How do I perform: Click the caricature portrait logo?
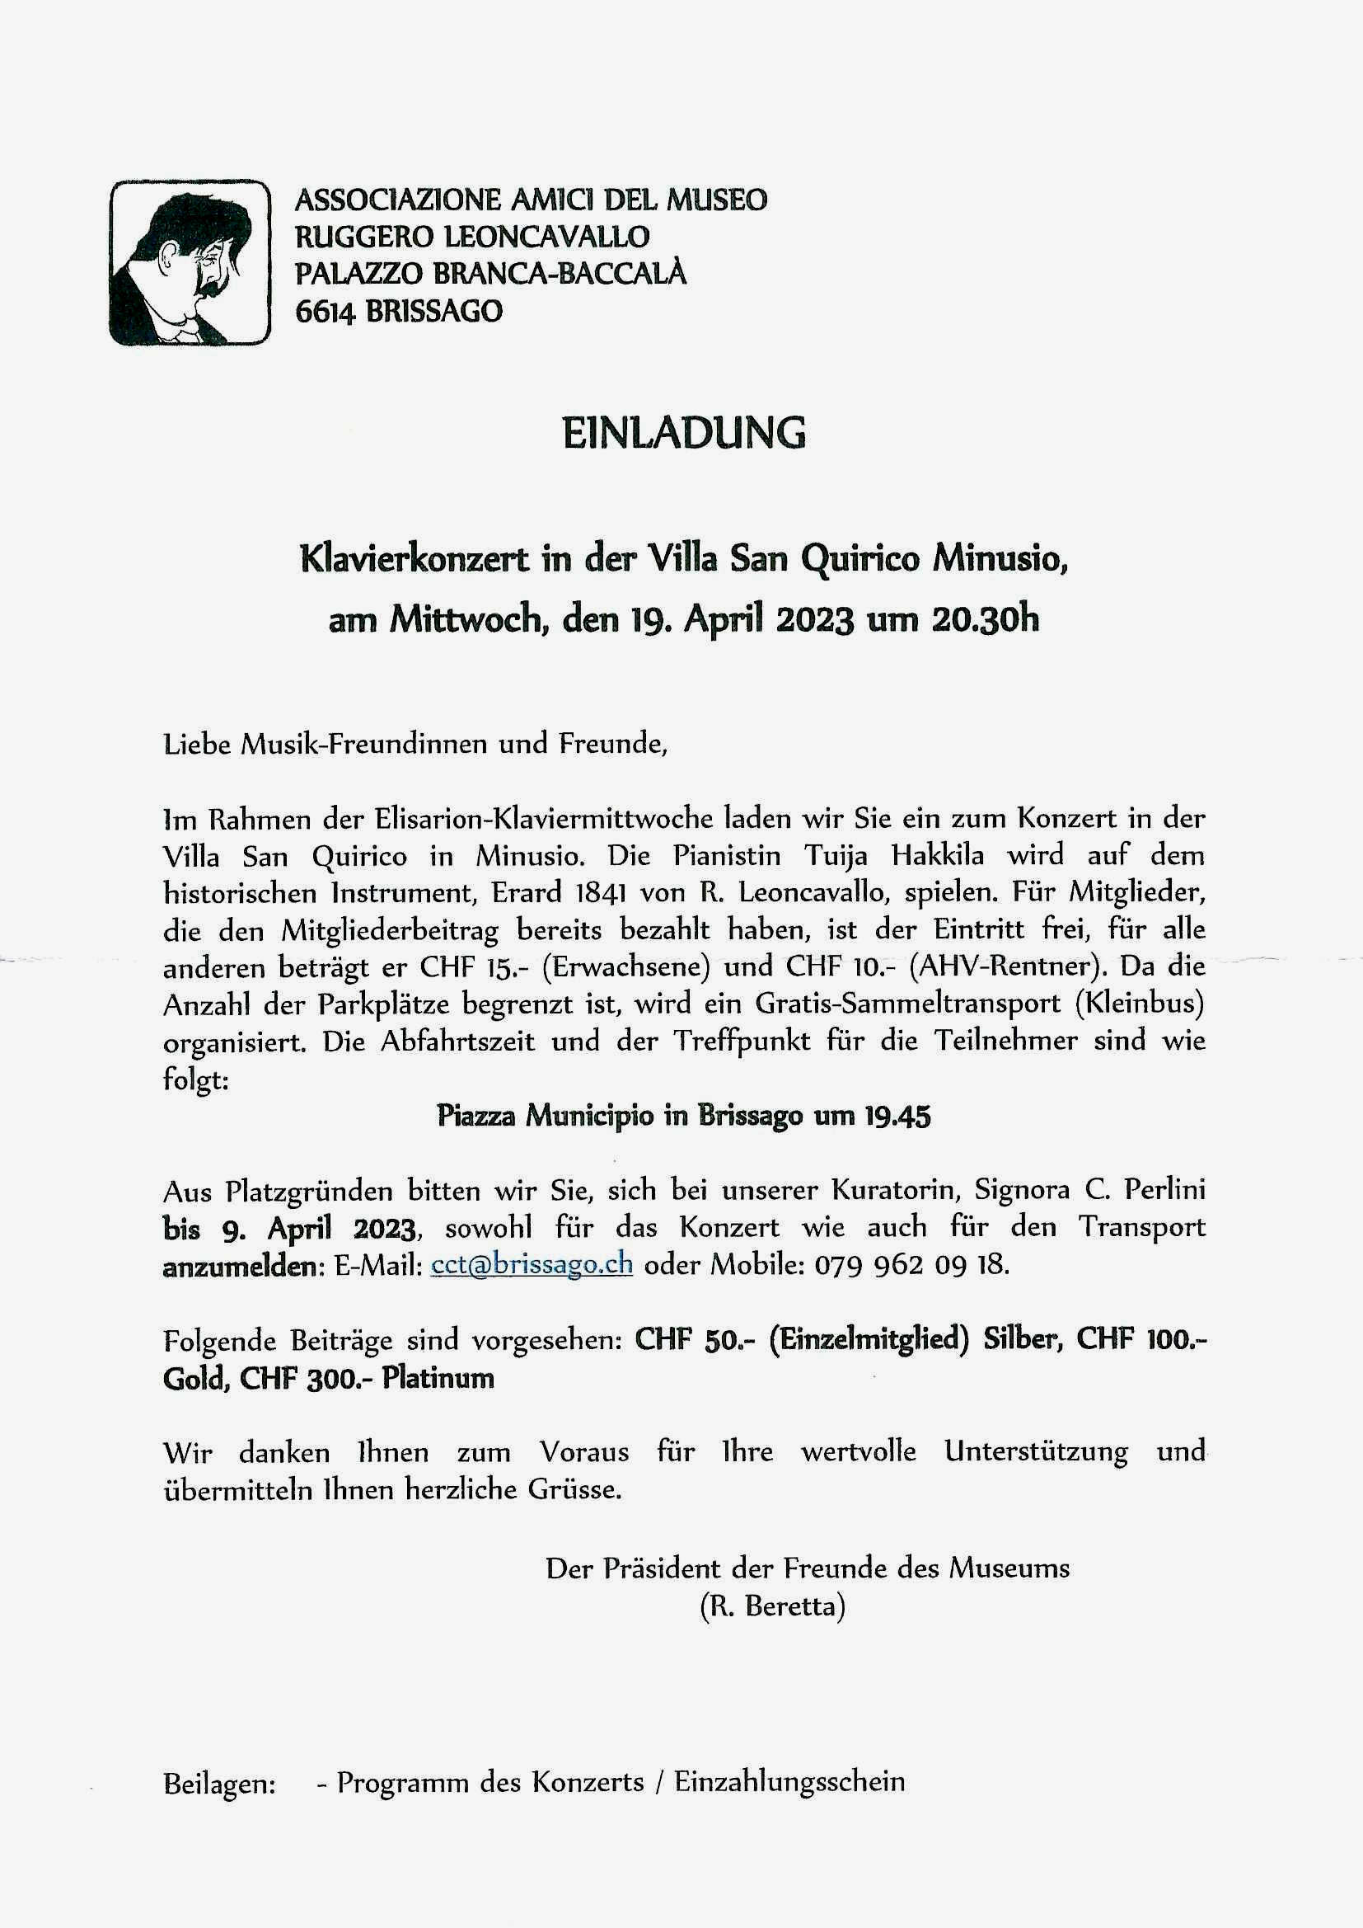(190, 262)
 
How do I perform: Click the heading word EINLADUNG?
(683, 432)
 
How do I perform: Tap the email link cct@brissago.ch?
(532, 1264)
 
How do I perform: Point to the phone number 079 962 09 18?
(911, 1264)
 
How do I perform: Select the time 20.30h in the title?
(984, 620)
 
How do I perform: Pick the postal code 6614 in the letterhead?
(325, 312)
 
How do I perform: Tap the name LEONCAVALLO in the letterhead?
(546, 237)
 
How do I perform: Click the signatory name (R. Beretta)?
(772, 1606)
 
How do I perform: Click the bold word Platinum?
(438, 1378)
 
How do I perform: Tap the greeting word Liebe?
(197, 744)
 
